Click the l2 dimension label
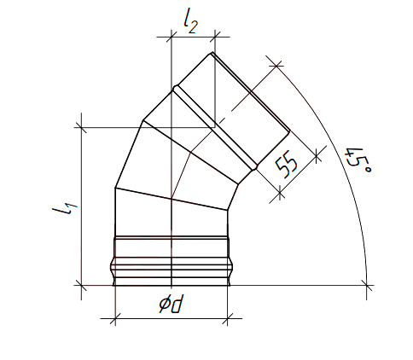tap(190, 24)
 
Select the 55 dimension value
tap(287, 166)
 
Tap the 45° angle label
tap(358, 161)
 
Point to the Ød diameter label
tap(171, 304)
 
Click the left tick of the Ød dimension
tap(115, 319)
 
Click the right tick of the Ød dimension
tap(228, 319)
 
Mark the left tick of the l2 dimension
tap(172, 37)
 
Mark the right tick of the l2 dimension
tap(214, 37)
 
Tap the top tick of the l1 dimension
tap(82, 127)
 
